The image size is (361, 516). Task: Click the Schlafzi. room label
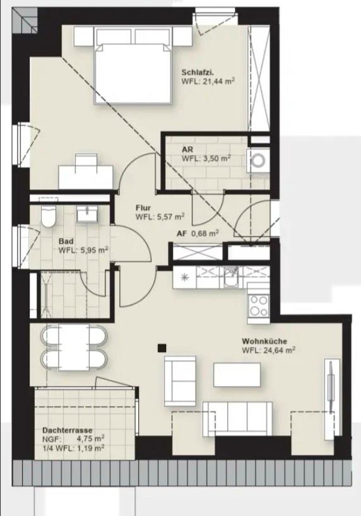197,71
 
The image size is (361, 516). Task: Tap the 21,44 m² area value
215,81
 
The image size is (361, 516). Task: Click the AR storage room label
187,149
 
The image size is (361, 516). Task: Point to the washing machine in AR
259,161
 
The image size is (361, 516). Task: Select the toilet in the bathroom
47,216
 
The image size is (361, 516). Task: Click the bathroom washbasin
86,214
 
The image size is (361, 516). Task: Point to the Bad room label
66,241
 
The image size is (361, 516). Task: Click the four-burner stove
258,306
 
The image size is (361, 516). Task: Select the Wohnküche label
265,341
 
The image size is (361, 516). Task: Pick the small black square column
162,346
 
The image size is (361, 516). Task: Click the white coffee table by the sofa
237,375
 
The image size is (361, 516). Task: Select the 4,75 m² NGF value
90,438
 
